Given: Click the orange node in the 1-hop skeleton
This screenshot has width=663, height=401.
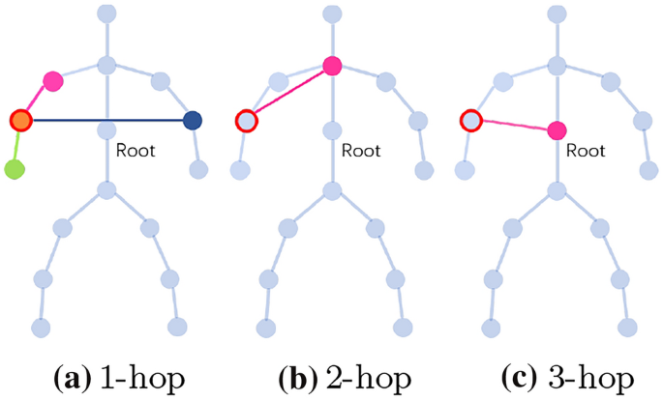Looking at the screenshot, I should pyautogui.click(x=20, y=120).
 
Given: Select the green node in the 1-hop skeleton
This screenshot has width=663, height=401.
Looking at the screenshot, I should pyautogui.click(x=14, y=170).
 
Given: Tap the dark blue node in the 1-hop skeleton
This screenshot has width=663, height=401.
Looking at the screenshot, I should pyautogui.click(x=193, y=120).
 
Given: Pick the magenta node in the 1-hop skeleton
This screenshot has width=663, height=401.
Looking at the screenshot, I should pyautogui.click(x=52, y=79).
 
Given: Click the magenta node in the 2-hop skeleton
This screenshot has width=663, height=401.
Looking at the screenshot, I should pyautogui.click(x=332, y=66).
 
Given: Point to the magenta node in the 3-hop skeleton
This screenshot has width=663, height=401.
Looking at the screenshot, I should pyautogui.click(x=557, y=130).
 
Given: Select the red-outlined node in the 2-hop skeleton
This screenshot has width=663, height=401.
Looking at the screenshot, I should pyautogui.click(x=246, y=121).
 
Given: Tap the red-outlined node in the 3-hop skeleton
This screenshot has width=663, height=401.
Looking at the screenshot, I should pyautogui.click(x=470, y=121).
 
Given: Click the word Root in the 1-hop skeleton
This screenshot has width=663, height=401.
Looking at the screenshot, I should pyautogui.click(x=136, y=150).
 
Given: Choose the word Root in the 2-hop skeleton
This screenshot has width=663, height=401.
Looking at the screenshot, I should pyautogui.click(x=360, y=150).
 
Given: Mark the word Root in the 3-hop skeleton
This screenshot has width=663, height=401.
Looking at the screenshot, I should pyautogui.click(x=585, y=150).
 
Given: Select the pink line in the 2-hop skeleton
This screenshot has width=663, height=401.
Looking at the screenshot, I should pyautogui.click(x=289, y=93).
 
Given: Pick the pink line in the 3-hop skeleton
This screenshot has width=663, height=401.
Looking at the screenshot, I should pyautogui.click(x=513, y=126).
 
